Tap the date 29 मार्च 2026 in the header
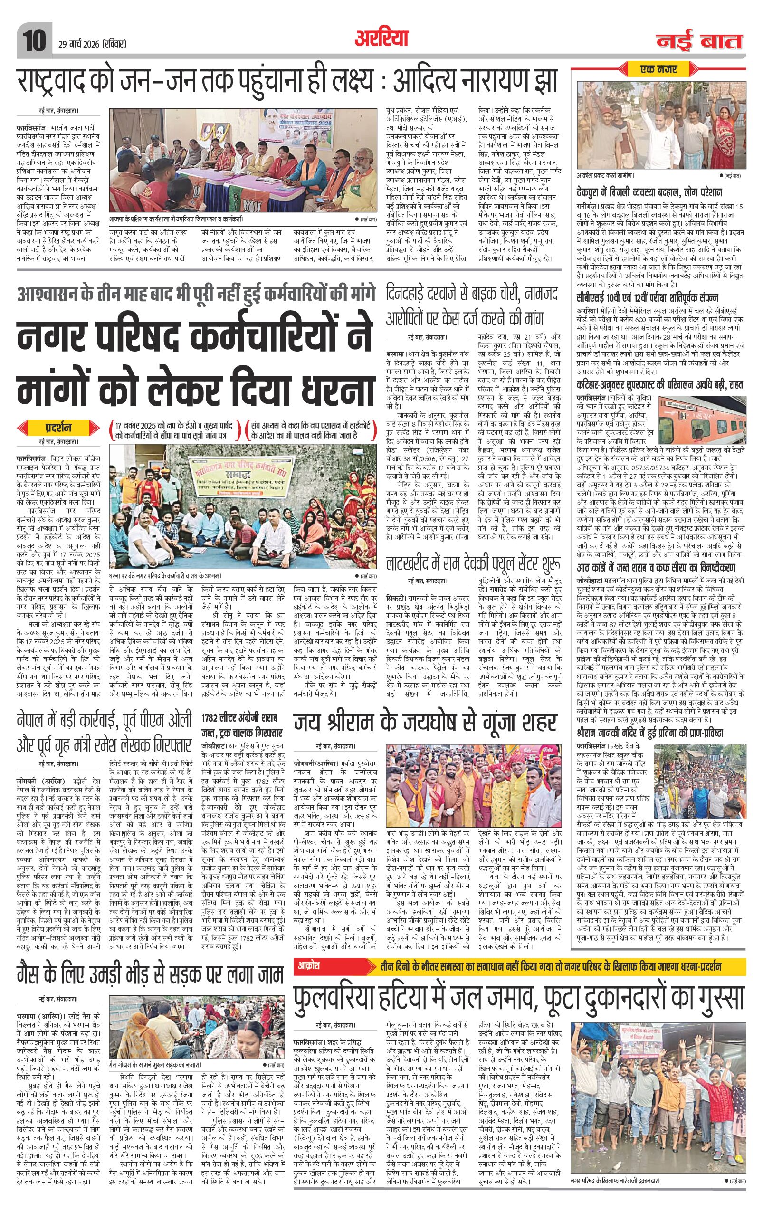pos(89,44)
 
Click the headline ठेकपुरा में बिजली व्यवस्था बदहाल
pos(650,193)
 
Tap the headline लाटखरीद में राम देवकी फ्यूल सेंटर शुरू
pos(474,563)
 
